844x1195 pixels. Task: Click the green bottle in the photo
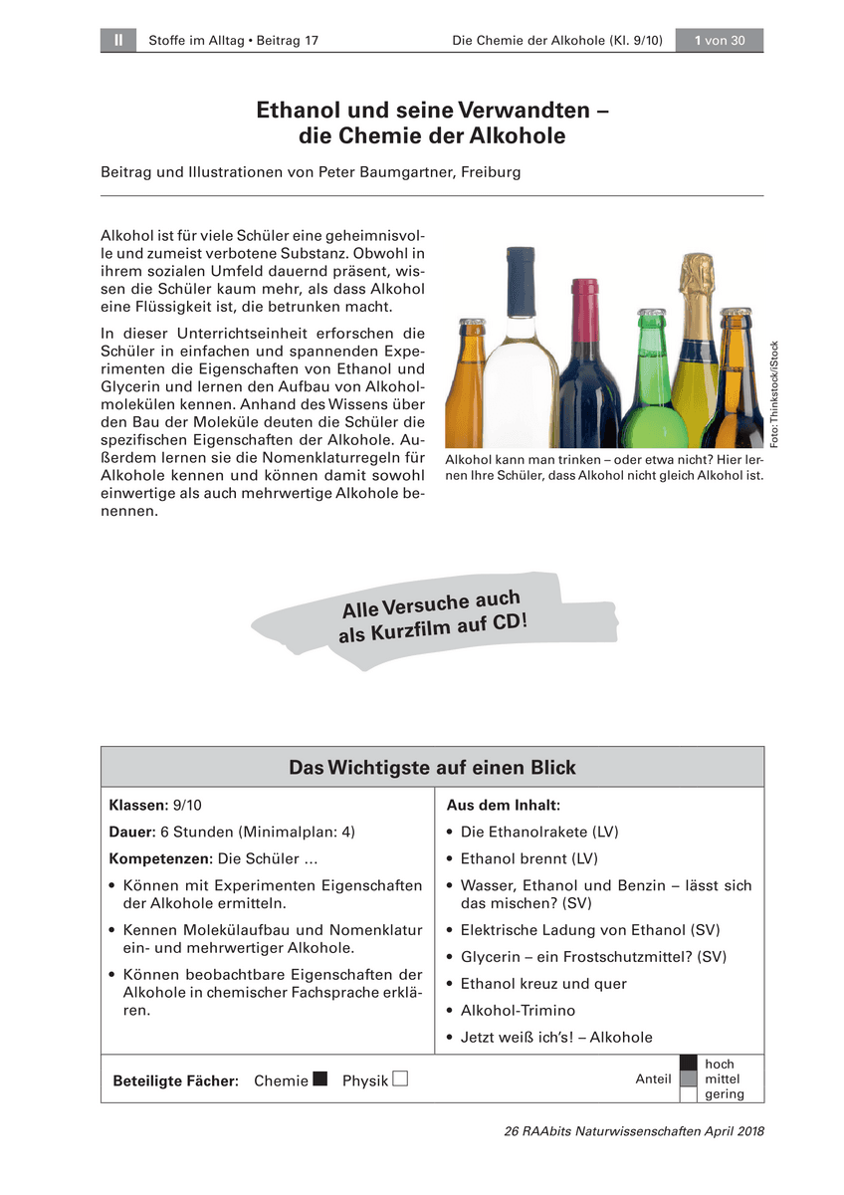654,398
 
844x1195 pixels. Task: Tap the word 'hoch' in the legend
719,1065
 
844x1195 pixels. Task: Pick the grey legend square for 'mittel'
688,1079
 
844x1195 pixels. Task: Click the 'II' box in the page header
118,40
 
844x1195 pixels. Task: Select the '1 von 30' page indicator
720,40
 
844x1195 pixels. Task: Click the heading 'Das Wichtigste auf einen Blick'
432,768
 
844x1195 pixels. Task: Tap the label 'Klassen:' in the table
138,805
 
